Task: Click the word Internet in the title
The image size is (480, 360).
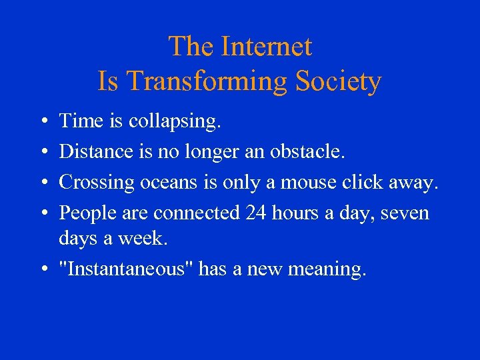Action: click(x=267, y=47)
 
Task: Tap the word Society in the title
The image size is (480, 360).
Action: click(x=338, y=81)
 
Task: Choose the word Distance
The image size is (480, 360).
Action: click(x=97, y=151)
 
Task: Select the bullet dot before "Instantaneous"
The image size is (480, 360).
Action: click(x=41, y=270)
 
